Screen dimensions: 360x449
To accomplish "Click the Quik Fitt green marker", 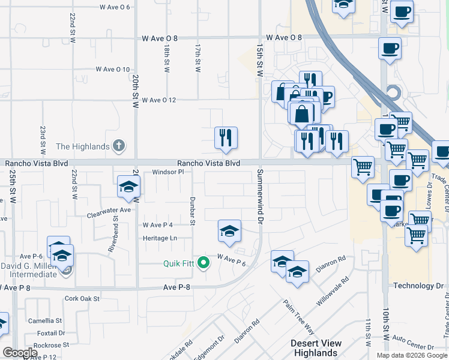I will pyautogui.click(x=203, y=262).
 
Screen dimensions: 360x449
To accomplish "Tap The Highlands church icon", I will pyautogui.click(x=119, y=146).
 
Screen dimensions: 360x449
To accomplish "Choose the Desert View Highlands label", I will pyautogui.click(x=316, y=348).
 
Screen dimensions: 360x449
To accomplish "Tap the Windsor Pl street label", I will pyautogui.click(x=172, y=172).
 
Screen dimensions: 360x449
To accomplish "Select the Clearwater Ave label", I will pyautogui.click(x=109, y=211).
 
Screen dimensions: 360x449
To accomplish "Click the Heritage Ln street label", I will pyautogui.click(x=160, y=238).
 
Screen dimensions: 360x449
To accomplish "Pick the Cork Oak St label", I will pyautogui.click(x=82, y=298).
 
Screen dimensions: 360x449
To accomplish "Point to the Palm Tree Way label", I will pyautogui.click(x=298, y=317).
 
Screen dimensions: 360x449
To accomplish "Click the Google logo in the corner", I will pyautogui.click(x=20, y=353).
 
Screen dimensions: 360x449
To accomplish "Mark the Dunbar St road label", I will pyautogui.click(x=193, y=211).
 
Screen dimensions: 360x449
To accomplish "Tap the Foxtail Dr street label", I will pyautogui.click(x=51, y=333).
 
